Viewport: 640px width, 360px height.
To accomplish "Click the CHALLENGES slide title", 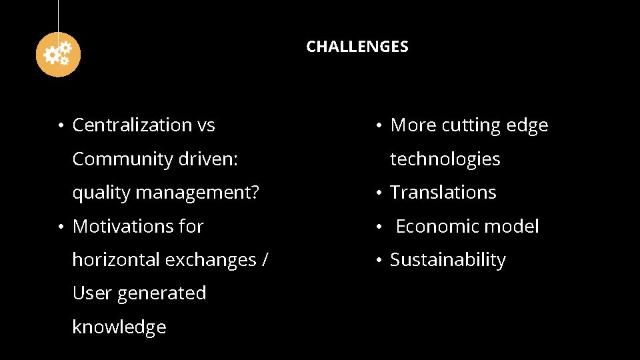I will coord(357,47).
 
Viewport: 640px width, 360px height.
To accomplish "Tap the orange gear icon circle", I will coord(58,54).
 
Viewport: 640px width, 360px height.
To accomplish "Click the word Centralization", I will coord(132,125).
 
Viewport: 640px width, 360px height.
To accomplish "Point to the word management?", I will coord(197,193).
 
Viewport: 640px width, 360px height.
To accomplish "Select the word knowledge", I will coord(119,327).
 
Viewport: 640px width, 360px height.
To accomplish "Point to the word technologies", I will coord(445,159).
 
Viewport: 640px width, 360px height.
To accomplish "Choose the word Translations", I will coord(443,192).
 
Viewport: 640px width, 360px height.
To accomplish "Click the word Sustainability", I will coord(447,259).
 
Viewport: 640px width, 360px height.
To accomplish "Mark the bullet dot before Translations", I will coord(377,193).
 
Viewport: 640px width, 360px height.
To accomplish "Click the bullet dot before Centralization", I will coord(60,126).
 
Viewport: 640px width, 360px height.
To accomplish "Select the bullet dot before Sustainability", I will coord(377,261).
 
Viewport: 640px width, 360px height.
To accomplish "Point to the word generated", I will coord(162,293).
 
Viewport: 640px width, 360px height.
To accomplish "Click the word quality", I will coord(101,193).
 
